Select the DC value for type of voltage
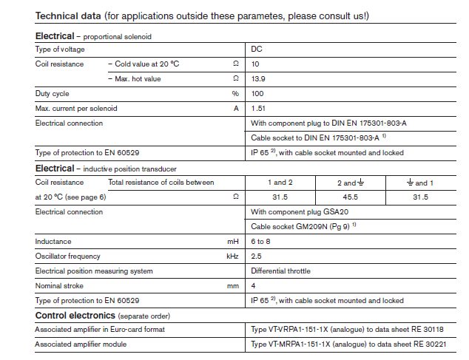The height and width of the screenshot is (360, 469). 257,50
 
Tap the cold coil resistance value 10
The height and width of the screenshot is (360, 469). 256,64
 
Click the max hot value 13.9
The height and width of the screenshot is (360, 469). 258,78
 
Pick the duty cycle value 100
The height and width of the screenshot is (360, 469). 257,94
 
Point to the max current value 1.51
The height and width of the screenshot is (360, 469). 258,109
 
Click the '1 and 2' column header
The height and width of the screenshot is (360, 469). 280,183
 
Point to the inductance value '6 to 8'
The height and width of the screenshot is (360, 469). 261,242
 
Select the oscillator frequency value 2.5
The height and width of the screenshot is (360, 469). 257,257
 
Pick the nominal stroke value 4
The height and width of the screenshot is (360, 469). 254,286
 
